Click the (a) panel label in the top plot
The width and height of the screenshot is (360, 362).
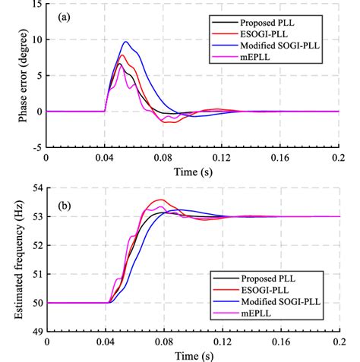click(x=62, y=15)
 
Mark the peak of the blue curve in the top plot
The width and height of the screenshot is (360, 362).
click(x=126, y=42)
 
